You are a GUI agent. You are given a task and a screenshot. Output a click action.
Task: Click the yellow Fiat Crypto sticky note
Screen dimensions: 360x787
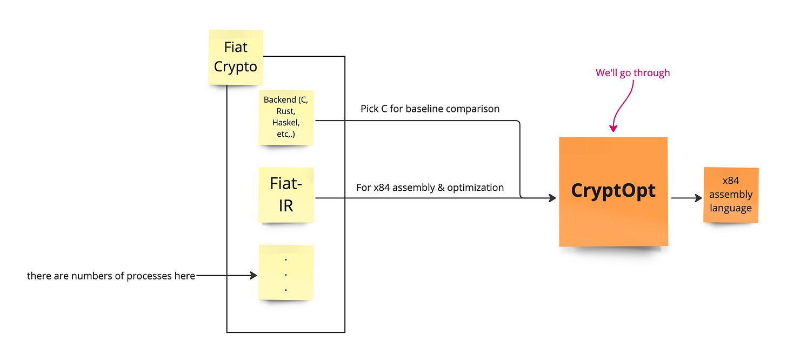[236, 57]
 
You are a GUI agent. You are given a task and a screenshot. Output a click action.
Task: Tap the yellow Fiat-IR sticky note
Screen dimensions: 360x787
[285, 195]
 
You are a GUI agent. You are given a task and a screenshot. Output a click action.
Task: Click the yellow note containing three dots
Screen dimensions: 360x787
[286, 272]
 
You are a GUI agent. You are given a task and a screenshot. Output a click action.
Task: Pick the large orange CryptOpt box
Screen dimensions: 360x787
[613, 191]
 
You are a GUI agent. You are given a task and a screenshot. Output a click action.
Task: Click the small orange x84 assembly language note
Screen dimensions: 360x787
[731, 195]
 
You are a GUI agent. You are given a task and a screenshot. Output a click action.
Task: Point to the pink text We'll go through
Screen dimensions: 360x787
[632, 73]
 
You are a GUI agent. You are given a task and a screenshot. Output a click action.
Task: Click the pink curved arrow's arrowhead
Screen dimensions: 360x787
[613, 129]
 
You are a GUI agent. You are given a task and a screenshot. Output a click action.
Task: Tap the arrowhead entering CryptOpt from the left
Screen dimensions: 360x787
[552, 198]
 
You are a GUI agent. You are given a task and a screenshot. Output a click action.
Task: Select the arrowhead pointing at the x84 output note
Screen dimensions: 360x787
[698, 198]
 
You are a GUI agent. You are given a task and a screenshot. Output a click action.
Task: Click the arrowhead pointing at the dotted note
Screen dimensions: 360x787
[253, 276]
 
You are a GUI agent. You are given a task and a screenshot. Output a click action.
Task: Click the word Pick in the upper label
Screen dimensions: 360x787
[370, 109]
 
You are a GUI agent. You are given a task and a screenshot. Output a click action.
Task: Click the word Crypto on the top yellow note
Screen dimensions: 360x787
[236, 66]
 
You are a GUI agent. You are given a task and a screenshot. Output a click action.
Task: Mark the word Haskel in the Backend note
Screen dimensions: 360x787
[285, 123]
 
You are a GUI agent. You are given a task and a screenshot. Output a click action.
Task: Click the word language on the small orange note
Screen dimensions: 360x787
[731, 208]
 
